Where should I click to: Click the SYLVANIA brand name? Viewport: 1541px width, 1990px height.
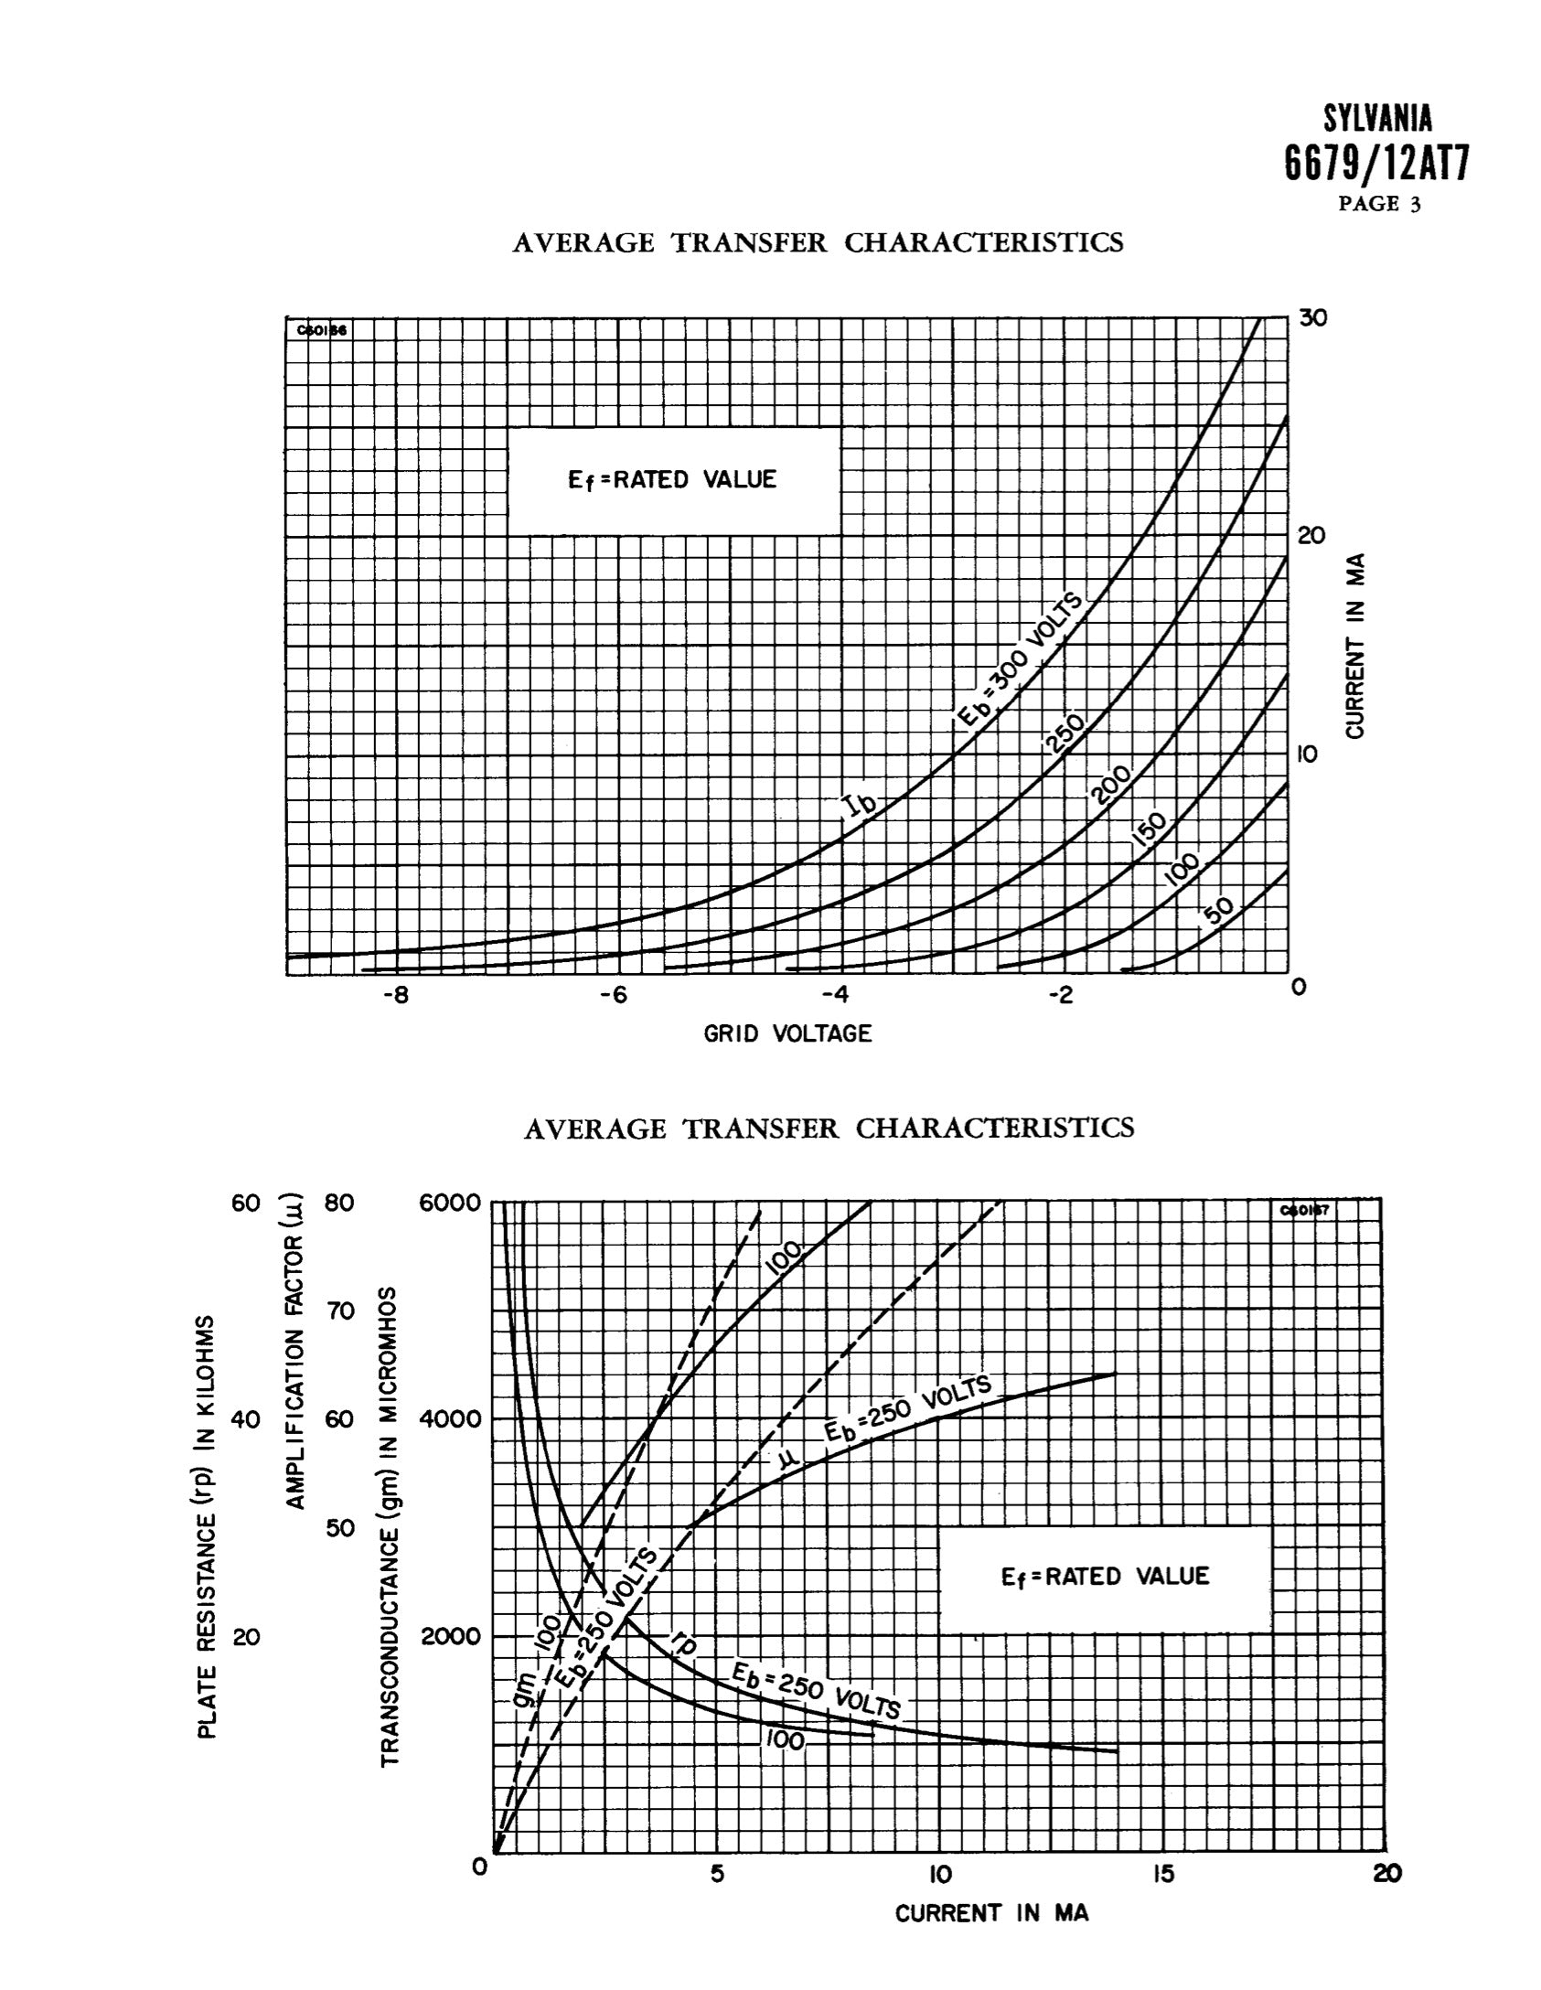[x=1378, y=119]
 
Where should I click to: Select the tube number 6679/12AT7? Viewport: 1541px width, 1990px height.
[x=1377, y=165]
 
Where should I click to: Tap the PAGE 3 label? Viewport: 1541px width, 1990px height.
[x=1380, y=204]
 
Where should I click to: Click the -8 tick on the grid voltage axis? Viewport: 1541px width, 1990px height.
[x=395, y=995]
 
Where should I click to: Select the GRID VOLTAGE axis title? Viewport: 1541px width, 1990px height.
[x=787, y=1034]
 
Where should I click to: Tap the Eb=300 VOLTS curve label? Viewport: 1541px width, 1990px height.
[x=1019, y=658]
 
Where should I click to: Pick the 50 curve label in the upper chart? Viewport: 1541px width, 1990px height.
[x=1218, y=911]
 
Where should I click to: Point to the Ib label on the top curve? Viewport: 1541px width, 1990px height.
[x=860, y=805]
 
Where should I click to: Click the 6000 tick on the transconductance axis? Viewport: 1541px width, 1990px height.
[x=449, y=1203]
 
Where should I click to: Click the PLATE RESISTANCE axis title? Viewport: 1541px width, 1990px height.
[x=209, y=1527]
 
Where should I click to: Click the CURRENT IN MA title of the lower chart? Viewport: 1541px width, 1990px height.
[x=991, y=1913]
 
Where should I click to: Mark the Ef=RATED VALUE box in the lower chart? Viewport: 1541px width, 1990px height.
[x=1105, y=1576]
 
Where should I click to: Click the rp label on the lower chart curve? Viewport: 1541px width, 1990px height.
[x=683, y=1643]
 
